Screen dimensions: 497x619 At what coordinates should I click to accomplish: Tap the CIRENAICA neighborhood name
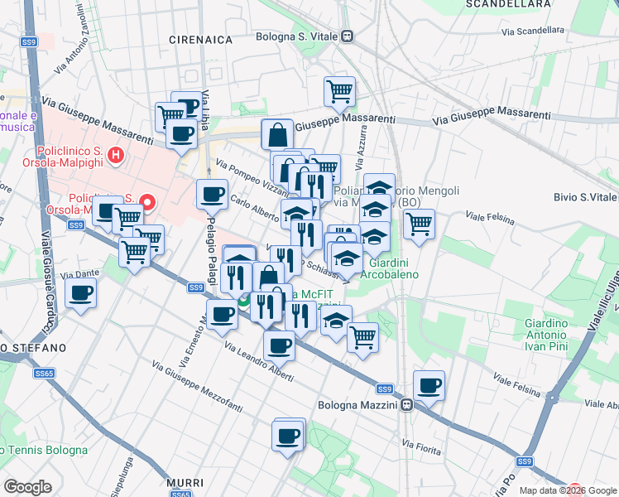tap(197, 39)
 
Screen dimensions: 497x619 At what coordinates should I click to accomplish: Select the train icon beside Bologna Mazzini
tap(407, 406)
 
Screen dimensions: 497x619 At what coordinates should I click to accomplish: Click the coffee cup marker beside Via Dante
tap(81, 293)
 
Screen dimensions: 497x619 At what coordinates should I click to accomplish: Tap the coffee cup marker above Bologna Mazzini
tap(429, 385)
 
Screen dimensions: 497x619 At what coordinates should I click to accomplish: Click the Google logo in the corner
tap(28, 487)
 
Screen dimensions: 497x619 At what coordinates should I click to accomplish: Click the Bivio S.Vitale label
tap(586, 197)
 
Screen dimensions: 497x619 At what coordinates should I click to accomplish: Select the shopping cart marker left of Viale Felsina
tap(419, 223)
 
